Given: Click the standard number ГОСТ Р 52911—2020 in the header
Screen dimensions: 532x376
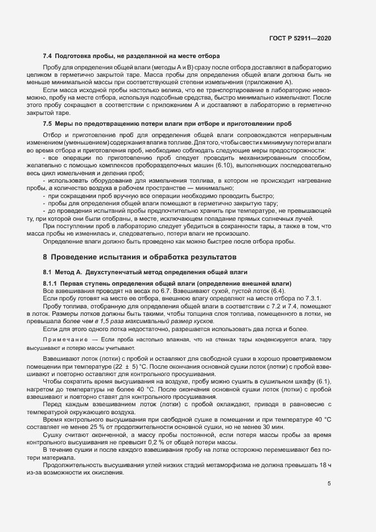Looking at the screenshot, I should coord(300,38).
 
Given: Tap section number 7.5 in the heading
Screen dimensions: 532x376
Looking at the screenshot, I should coord(48,123).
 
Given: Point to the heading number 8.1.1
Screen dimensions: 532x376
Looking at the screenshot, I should coord(50,283).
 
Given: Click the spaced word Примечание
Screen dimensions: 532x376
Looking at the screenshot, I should coord(65,339).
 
